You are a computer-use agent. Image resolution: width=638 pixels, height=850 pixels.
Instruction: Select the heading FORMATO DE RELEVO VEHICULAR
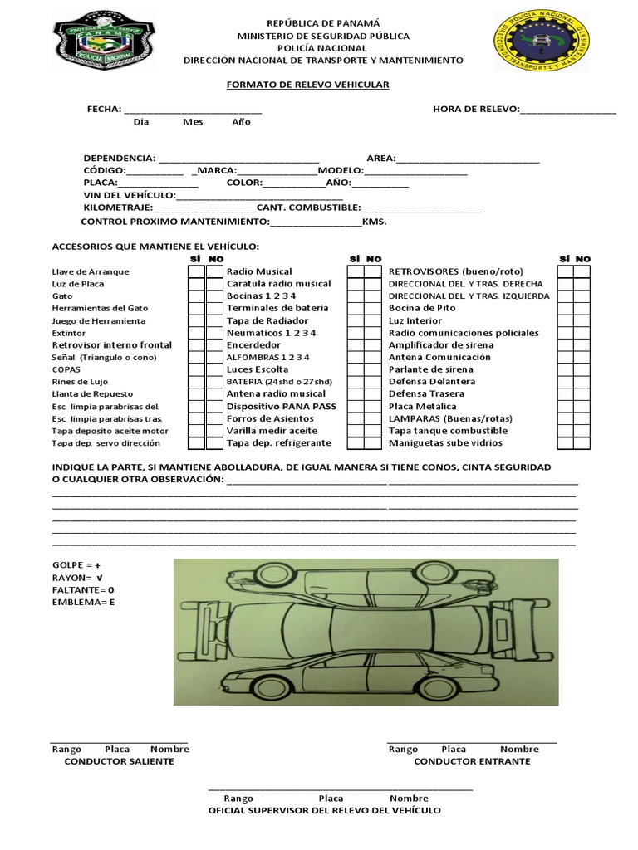[308, 85]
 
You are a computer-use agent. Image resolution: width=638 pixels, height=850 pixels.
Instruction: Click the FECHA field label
[104, 109]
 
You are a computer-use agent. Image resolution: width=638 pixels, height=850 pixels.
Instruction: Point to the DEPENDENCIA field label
[119, 158]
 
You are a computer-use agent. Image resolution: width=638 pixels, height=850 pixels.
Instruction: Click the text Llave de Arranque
[91, 271]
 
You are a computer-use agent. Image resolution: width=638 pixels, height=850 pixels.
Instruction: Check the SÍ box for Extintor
[195, 333]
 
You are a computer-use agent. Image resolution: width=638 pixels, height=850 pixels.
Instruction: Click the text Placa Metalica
[422, 407]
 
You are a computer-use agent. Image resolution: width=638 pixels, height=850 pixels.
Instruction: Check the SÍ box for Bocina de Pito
[566, 308]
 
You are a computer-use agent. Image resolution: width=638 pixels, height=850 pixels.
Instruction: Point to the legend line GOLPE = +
[76, 564]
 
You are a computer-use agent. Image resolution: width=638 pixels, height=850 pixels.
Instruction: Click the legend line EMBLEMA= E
[83, 602]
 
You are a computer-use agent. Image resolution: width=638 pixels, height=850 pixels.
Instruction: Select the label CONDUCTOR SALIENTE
[119, 761]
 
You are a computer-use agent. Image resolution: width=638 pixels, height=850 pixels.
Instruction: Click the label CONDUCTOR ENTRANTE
[472, 761]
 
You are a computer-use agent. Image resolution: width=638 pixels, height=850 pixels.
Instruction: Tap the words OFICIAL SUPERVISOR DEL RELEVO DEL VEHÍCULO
[324, 810]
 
